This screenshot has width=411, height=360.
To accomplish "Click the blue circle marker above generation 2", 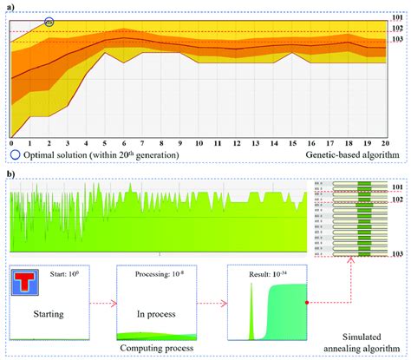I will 49,20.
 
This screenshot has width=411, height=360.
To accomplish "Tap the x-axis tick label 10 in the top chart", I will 199,143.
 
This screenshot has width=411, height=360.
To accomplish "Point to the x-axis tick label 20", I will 386,143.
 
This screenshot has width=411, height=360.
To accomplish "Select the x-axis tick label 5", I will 105,143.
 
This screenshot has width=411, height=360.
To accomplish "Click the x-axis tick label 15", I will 292,143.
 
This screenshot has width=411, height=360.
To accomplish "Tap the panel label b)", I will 9,173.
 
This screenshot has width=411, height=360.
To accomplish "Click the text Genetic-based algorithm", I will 352,154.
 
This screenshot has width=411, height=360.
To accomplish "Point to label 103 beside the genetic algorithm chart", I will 398,39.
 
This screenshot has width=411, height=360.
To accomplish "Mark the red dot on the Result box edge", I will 308,302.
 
